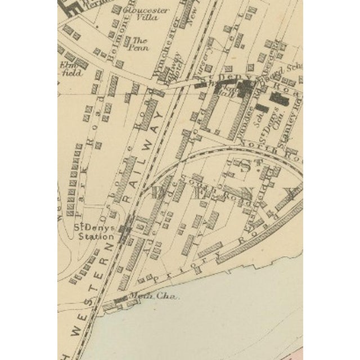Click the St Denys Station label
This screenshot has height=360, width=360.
click(94, 232)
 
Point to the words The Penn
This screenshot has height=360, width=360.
click(139, 43)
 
